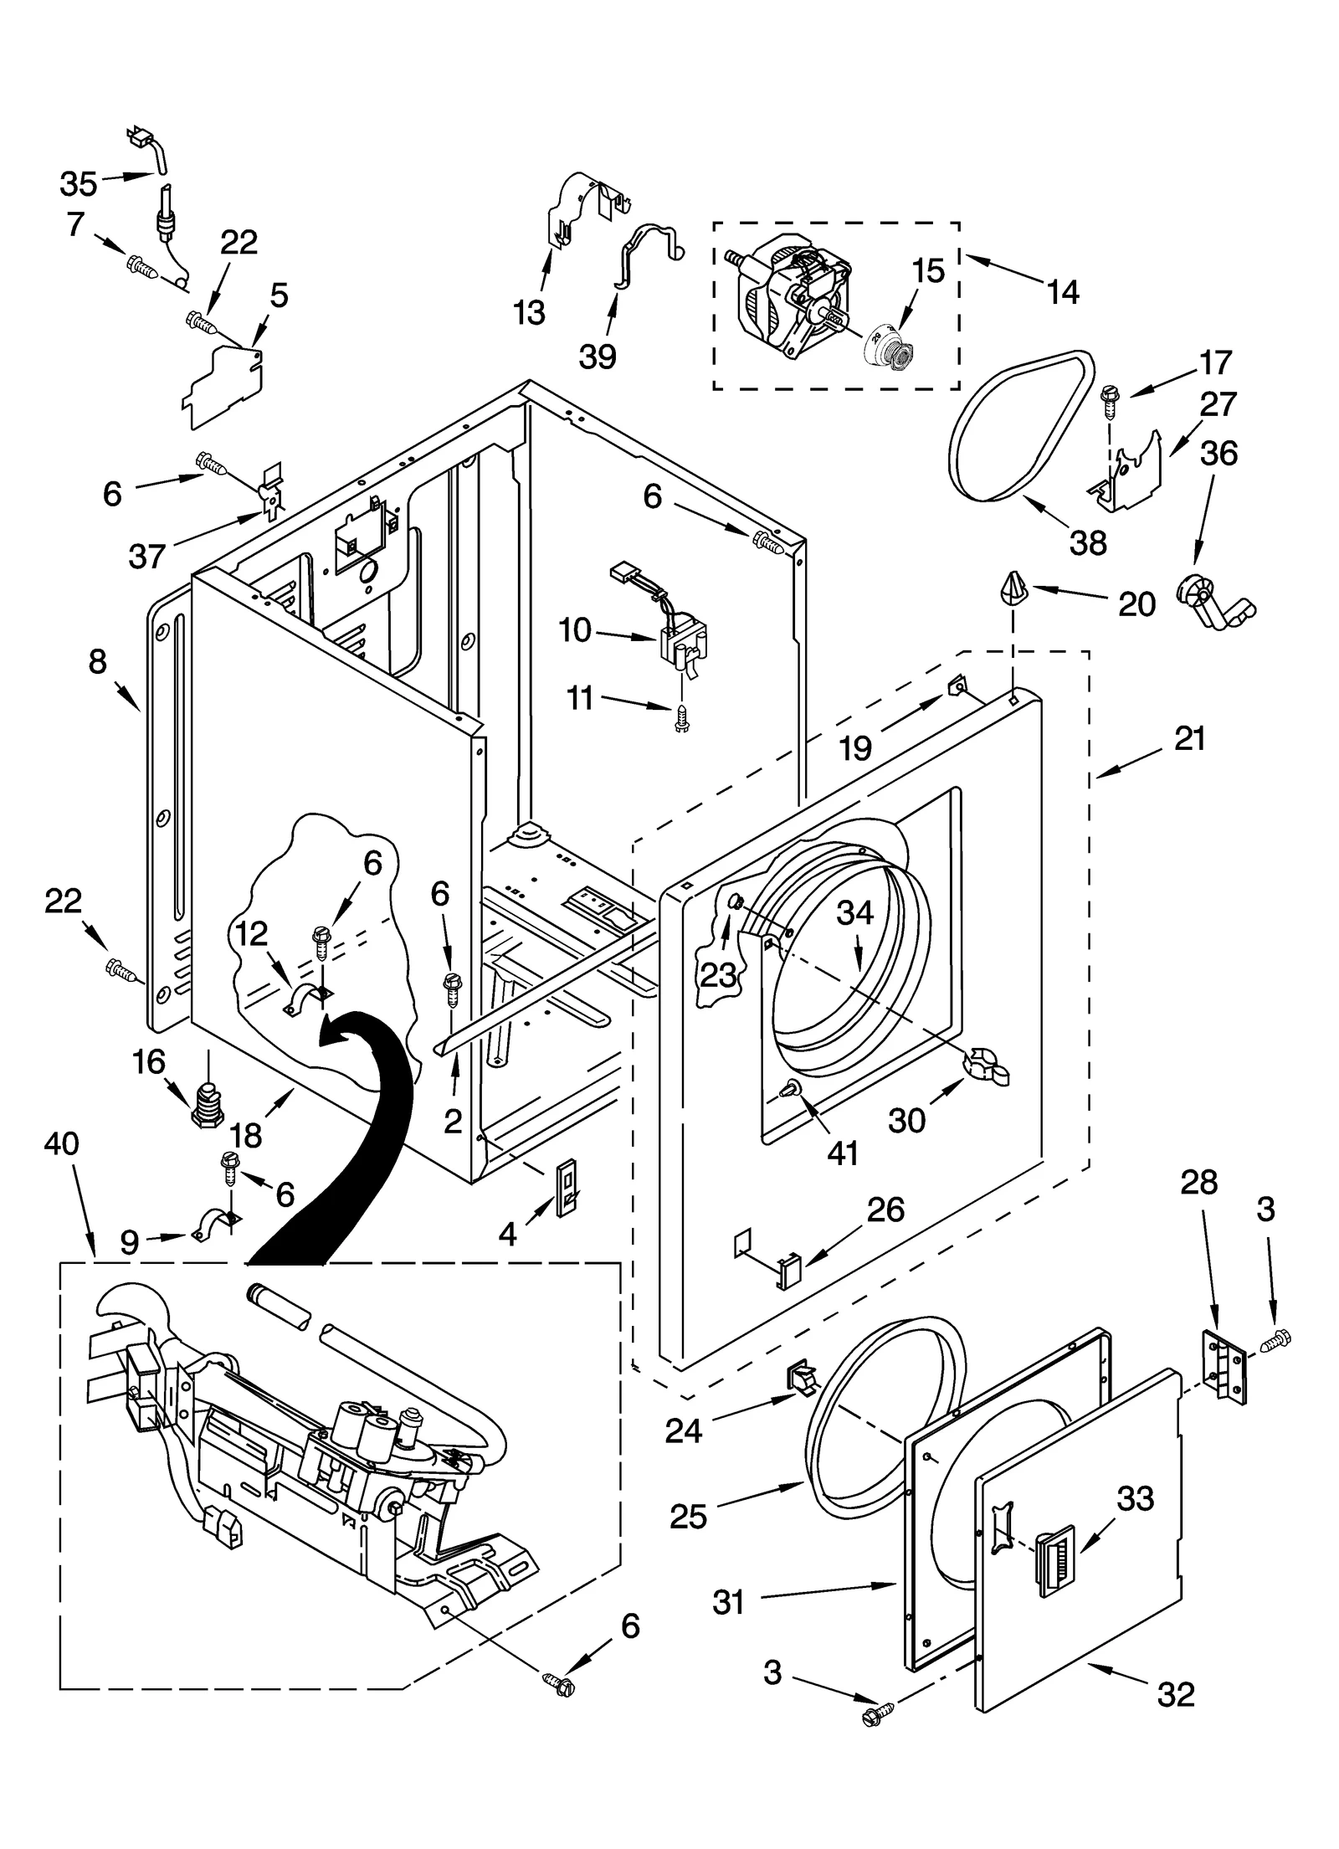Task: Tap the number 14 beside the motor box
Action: (x=1062, y=293)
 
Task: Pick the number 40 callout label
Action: (x=60, y=1143)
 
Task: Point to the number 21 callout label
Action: (x=1189, y=739)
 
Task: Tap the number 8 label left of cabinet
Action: (x=97, y=662)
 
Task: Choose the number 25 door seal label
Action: (x=688, y=1516)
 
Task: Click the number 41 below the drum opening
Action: (x=842, y=1153)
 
